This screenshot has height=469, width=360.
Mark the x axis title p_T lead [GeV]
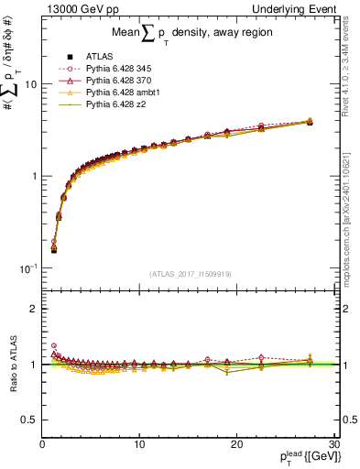tap(294, 456)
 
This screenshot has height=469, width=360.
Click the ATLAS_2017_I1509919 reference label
tap(190, 273)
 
